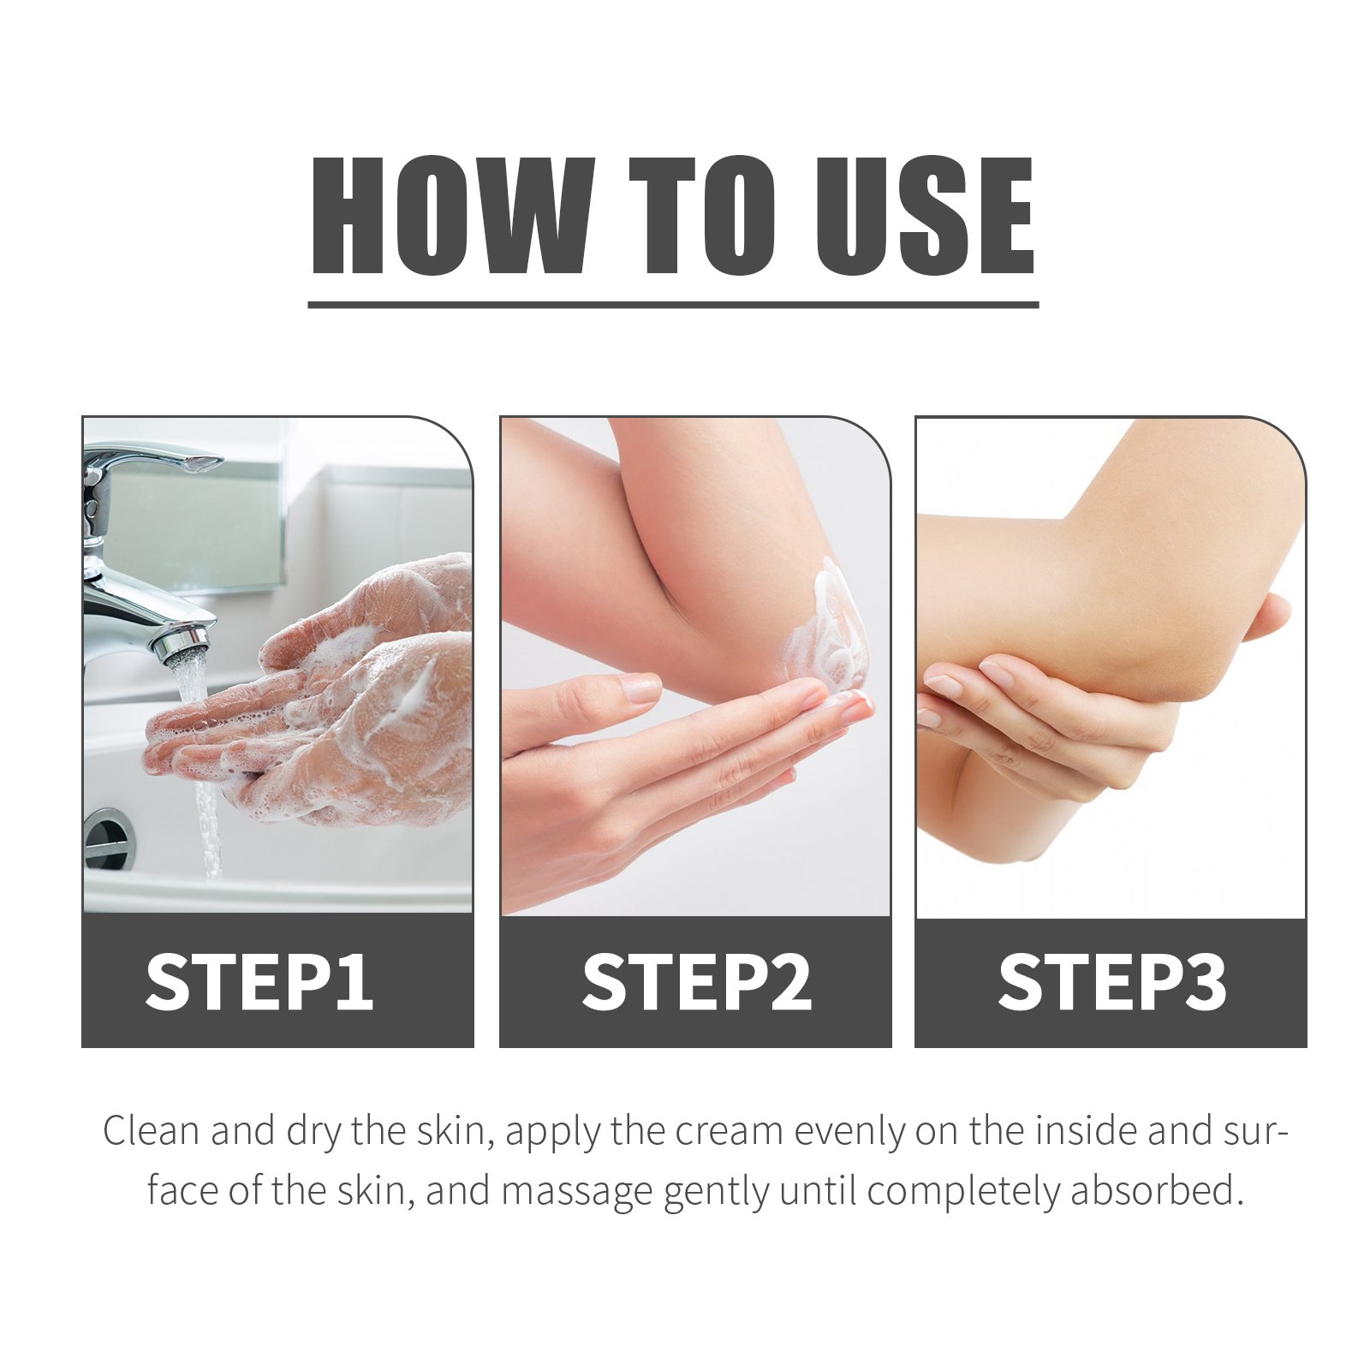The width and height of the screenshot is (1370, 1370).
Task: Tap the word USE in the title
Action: (x=924, y=216)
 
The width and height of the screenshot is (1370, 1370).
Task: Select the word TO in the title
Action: (x=702, y=216)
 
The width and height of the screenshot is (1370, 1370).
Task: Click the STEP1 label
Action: (x=259, y=981)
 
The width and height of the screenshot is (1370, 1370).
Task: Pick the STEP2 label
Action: (x=696, y=981)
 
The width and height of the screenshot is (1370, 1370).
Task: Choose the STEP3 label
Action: (x=1112, y=981)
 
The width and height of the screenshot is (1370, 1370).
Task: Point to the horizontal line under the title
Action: (x=673, y=304)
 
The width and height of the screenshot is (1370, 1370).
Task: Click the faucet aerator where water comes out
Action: (x=183, y=645)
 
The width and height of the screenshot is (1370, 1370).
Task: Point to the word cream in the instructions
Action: (x=730, y=1131)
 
